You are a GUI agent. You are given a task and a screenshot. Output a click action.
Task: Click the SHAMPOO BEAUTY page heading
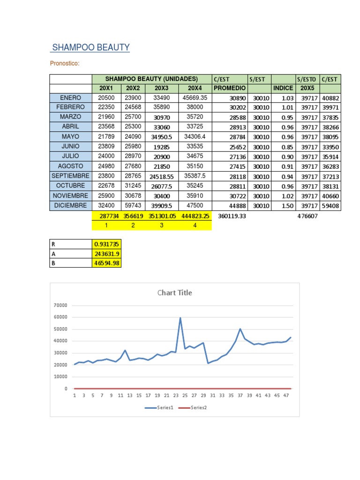pyautogui.click(x=90, y=47)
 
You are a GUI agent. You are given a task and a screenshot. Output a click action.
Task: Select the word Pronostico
pyautogui.click(x=64, y=64)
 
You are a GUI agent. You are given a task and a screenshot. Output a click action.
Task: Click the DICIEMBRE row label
pyautogui.click(x=70, y=206)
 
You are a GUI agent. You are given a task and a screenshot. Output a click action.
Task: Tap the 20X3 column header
pyautogui.click(x=161, y=88)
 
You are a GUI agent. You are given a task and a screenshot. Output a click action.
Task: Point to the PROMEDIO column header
pyautogui.click(x=230, y=88)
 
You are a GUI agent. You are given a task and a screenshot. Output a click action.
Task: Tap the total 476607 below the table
pyautogui.click(x=307, y=216)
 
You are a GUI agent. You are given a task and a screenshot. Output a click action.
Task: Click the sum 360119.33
pyautogui.click(x=232, y=216)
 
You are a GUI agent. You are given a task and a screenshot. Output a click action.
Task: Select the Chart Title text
pyautogui.click(x=174, y=293)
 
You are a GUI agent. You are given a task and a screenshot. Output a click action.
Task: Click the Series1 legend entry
pyautogui.click(x=159, y=408)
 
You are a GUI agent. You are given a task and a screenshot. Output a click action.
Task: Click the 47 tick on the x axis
pyautogui.click(x=286, y=396)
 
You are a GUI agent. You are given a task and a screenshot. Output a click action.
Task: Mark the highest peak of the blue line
pyautogui.click(x=180, y=318)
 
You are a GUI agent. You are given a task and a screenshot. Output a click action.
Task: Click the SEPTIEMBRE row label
pyautogui.click(x=70, y=176)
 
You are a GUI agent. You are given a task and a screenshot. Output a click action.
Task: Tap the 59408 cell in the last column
pyautogui.click(x=331, y=206)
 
